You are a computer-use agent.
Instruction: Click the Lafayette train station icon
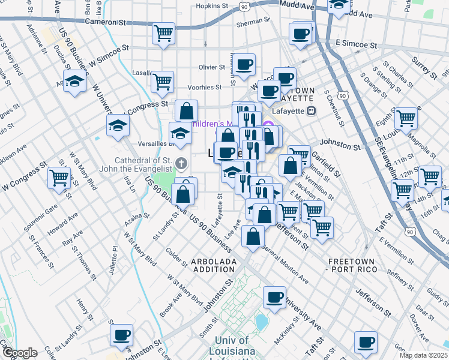coord(311,110)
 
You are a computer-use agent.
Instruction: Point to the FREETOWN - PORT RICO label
coord(353,266)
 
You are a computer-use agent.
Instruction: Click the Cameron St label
coord(107,22)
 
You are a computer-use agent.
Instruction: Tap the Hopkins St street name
coord(212,6)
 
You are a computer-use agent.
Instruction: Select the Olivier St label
coord(211,68)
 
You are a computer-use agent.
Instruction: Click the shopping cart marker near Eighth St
coord(406,118)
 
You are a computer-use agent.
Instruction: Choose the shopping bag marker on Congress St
coord(187,110)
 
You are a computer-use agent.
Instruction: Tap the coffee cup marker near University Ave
coord(274,297)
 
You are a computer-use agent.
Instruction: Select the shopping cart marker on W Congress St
coord(59,178)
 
